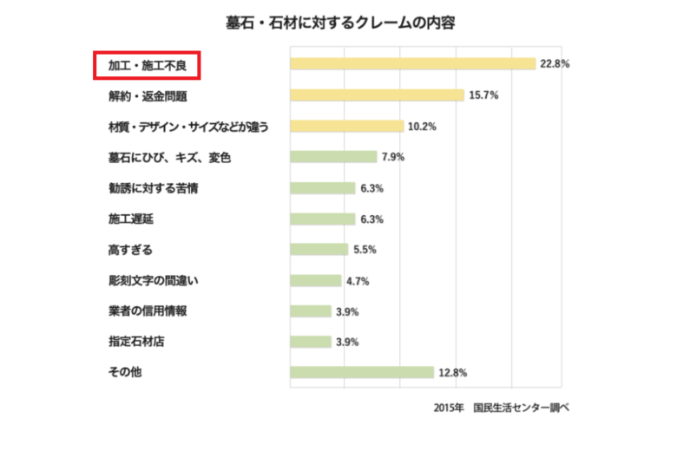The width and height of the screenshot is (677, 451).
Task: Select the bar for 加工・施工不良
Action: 412,64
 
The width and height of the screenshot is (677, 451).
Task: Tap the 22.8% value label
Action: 554,64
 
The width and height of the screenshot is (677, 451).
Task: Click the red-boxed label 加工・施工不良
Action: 147,64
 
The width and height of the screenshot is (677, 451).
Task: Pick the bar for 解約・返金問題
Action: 377,95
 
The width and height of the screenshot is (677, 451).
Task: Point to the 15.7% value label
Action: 483,95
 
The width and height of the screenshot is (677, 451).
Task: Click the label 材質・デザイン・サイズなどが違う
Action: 188,127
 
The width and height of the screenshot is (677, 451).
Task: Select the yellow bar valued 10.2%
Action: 347,127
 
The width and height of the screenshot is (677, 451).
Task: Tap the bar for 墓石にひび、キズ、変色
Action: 333,157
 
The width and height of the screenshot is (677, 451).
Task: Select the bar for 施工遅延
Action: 323,219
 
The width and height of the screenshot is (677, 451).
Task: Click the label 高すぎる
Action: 130,250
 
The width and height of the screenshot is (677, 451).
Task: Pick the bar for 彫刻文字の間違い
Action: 316,280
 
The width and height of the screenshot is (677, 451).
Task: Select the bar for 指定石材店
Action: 311,342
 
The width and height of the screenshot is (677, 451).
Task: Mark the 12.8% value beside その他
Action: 452,373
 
